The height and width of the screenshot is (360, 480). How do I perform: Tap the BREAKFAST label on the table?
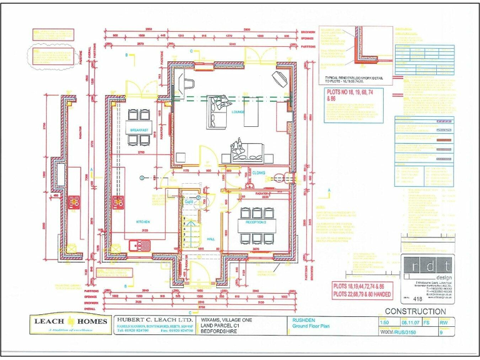(x=139, y=129)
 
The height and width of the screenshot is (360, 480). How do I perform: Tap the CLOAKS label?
(x=258, y=172)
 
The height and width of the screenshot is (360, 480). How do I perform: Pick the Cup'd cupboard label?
(x=189, y=202)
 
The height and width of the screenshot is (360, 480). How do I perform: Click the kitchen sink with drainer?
(x=136, y=245)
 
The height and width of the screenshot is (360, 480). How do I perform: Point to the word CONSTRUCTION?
(x=415, y=311)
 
